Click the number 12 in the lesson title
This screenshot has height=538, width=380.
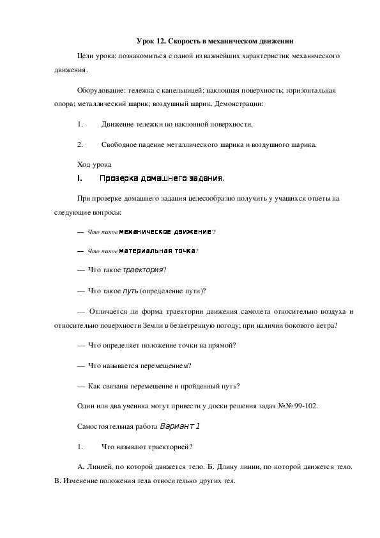click(x=161, y=40)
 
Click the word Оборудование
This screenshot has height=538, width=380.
click(x=98, y=91)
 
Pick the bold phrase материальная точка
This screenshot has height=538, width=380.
click(x=156, y=250)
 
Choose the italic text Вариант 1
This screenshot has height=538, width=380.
click(x=180, y=426)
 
